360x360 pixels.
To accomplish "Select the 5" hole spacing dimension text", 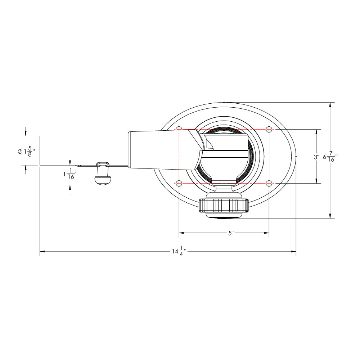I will (x=231, y=233).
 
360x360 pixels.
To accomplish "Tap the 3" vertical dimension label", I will (x=316, y=157).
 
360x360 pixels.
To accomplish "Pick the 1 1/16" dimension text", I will (x=70, y=175).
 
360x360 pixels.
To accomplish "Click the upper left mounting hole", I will (x=179, y=129).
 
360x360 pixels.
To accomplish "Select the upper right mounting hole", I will (x=269, y=129).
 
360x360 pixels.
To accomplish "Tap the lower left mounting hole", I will (x=179, y=183).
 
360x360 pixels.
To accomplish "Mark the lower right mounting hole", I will (x=269, y=183).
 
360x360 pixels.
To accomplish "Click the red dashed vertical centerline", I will (x=179, y=155).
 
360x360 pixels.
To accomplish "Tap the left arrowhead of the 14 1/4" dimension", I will (x=42, y=251).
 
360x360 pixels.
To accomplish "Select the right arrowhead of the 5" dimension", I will (x=267, y=233).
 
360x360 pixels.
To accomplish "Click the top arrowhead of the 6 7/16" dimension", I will (x=330, y=105).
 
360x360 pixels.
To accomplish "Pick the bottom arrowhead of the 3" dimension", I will (x=316, y=181).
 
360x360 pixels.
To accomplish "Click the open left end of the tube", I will (x=40, y=150).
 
